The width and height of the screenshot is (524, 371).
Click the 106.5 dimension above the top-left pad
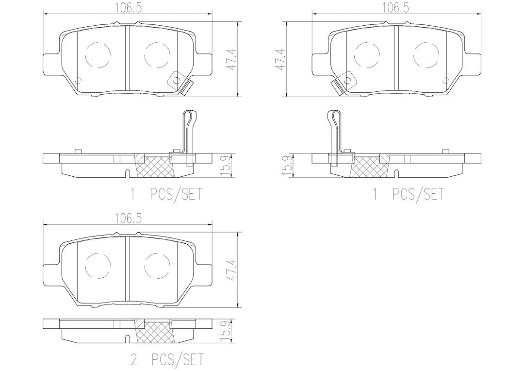pos(129,8)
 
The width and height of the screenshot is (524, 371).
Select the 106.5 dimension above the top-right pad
pos(396,8)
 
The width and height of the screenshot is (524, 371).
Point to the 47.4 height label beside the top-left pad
pos(232,59)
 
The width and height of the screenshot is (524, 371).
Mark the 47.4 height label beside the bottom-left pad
pos(232,270)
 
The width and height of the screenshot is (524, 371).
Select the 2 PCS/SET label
pos(166,359)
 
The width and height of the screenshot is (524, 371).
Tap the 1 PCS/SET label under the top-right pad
pos(409,194)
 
